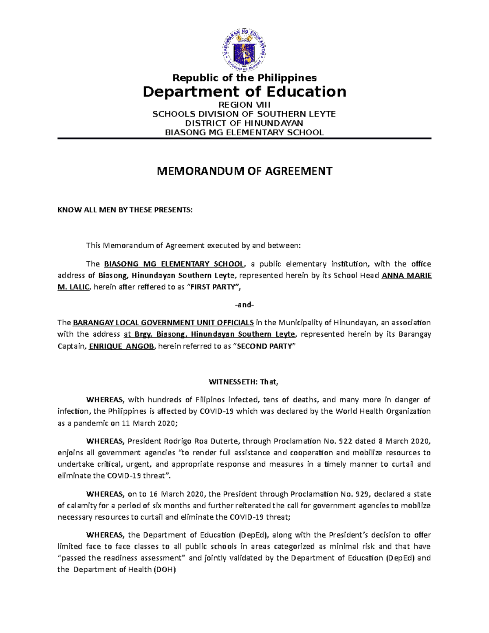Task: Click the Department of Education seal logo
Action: tap(244, 51)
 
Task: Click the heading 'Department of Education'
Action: tap(244, 92)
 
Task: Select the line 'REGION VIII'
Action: tap(244, 105)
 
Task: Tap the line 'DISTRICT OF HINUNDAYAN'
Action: tap(244, 123)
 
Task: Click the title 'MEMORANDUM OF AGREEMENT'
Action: tap(244, 171)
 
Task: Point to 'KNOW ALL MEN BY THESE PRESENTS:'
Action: tap(125, 210)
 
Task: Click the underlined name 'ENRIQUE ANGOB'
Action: tap(121, 346)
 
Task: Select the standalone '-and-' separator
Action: tap(244, 304)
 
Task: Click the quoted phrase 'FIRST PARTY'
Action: tap(214, 287)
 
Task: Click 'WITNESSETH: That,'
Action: tap(243, 382)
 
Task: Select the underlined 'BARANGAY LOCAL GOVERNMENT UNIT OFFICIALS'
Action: tap(163, 323)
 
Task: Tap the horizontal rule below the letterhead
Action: tap(244, 139)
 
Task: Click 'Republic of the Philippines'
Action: tap(244, 78)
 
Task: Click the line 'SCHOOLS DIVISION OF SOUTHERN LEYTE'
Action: tap(244, 114)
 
